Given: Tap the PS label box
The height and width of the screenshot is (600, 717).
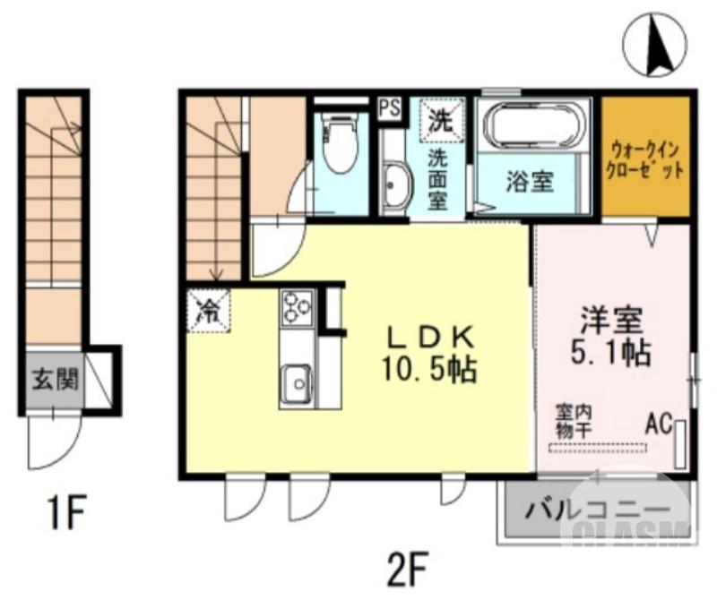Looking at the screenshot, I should pyautogui.click(x=389, y=108).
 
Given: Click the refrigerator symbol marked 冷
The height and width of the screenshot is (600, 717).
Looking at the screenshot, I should pyautogui.click(x=208, y=311).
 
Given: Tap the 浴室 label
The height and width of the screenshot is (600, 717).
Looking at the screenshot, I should pyautogui.click(x=530, y=183).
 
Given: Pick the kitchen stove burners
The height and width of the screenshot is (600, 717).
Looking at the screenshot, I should pyautogui.click(x=296, y=308).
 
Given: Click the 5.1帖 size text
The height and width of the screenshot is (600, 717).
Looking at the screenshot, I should pyautogui.click(x=613, y=351).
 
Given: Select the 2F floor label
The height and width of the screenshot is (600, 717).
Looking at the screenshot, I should pyautogui.click(x=409, y=566).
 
